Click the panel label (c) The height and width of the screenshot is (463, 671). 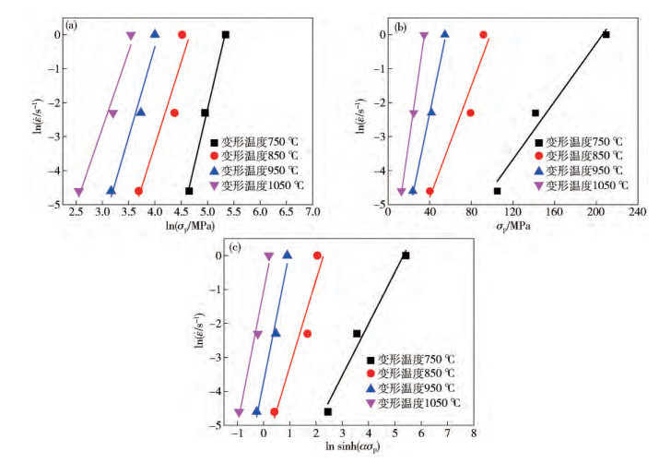point(210,247)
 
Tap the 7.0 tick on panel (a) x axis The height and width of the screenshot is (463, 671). point(313,212)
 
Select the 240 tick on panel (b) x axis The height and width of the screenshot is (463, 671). point(635,212)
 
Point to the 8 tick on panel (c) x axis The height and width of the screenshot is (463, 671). point(474,432)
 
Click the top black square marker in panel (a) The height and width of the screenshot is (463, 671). point(226,34)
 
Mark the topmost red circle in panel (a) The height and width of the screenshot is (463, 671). point(182,34)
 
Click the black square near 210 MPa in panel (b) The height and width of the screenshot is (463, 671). point(606,34)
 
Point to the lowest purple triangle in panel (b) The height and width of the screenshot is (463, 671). point(401,191)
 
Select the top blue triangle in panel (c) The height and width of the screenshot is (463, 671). point(287,255)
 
